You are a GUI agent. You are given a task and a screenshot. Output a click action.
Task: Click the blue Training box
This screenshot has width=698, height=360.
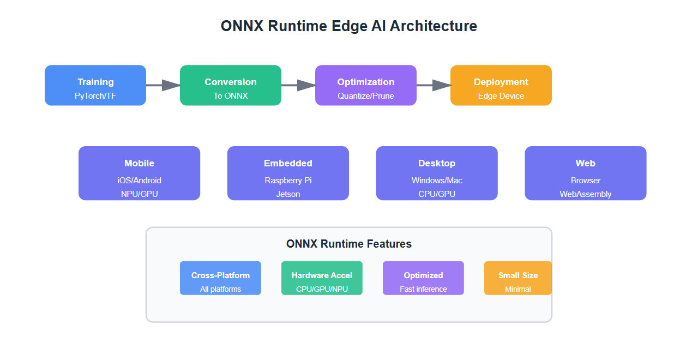click(95, 85)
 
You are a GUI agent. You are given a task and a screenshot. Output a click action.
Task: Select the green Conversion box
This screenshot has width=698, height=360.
click(231, 85)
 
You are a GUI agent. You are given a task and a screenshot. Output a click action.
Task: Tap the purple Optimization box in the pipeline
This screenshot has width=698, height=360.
click(366, 85)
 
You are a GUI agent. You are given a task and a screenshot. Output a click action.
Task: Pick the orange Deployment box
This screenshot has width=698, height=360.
click(501, 85)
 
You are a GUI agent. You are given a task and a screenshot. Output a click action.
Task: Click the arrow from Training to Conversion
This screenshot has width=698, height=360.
click(163, 85)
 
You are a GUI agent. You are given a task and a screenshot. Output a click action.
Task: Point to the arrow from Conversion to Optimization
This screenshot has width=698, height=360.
click(298, 85)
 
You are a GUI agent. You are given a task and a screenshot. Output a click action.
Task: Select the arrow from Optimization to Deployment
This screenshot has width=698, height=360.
click(434, 85)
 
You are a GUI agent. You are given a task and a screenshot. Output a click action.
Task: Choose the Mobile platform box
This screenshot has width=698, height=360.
click(139, 173)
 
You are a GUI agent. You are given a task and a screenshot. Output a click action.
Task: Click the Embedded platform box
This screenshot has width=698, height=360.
click(288, 173)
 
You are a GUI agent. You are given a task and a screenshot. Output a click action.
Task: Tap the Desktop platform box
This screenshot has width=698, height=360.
click(437, 173)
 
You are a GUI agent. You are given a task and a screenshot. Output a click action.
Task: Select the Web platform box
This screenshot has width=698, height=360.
click(586, 173)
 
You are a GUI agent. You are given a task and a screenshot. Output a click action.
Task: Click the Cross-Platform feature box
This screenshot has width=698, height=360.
click(220, 278)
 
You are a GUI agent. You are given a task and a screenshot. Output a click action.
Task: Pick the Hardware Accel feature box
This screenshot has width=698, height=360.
click(322, 278)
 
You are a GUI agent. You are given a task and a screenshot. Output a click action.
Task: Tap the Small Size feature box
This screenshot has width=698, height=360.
click(518, 278)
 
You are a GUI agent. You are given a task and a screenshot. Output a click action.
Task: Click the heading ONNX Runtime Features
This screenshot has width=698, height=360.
click(349, 244)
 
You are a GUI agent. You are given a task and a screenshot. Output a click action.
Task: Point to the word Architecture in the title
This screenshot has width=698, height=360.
click(433, 26)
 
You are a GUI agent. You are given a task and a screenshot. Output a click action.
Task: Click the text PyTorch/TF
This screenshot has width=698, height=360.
click(95, 96)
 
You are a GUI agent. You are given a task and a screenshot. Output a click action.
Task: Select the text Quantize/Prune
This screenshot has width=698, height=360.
click(366, 96)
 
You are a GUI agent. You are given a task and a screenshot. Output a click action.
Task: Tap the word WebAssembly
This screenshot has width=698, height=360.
click(586, 194)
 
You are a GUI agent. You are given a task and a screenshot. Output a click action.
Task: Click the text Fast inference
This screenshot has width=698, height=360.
click(423, 289)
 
